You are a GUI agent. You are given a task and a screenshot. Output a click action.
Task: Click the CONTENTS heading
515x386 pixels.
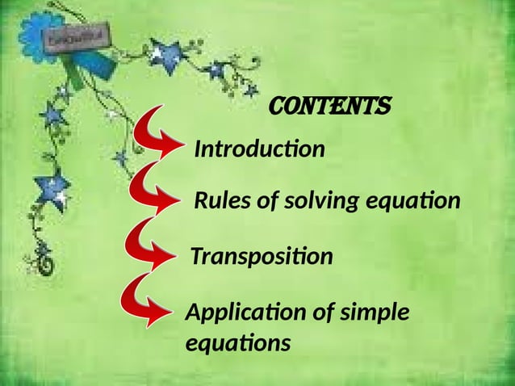(x=330, y=106)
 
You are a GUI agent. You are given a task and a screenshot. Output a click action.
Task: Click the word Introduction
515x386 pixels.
(x=259, y=149)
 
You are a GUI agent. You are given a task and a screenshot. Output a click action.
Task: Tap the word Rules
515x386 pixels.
(x=222, y=201)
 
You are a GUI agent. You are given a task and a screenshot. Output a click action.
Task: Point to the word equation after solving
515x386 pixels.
(x=412, y=201)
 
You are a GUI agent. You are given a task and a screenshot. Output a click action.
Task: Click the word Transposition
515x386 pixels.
(x=261, y=257)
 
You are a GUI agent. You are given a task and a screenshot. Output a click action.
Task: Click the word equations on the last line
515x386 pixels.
(x=237, y=343)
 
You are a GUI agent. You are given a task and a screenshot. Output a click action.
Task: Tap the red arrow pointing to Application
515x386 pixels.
(x=145, y=300)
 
